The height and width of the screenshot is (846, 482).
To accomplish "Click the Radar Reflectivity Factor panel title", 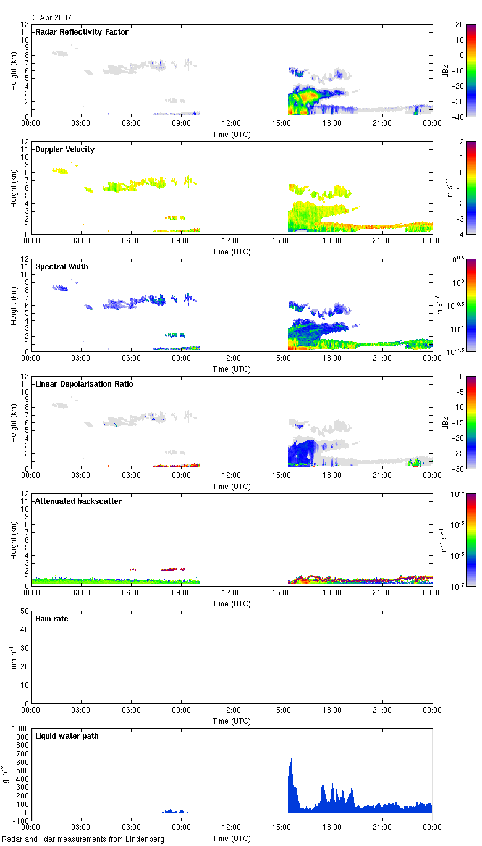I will click(82, 32).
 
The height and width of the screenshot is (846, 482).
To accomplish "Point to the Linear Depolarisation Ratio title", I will click(84, 384).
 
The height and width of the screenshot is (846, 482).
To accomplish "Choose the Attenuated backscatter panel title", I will click(78, 501).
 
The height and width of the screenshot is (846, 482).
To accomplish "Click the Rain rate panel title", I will click(51, 619).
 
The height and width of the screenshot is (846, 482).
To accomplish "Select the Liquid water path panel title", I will click(67, 736).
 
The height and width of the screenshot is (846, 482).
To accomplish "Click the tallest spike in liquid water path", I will click(292, 759).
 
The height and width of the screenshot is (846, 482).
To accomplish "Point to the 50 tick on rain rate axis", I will click(25, 611).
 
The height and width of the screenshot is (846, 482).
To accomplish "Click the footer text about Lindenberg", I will click(83, 839).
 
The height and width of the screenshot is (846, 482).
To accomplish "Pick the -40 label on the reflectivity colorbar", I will click(460, 117).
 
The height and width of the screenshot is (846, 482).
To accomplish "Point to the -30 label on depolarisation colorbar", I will click(460, 469).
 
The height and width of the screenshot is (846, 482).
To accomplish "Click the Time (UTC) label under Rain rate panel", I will click(232, 721).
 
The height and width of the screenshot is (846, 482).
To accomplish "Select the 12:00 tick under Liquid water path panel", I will click(232, 826).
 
